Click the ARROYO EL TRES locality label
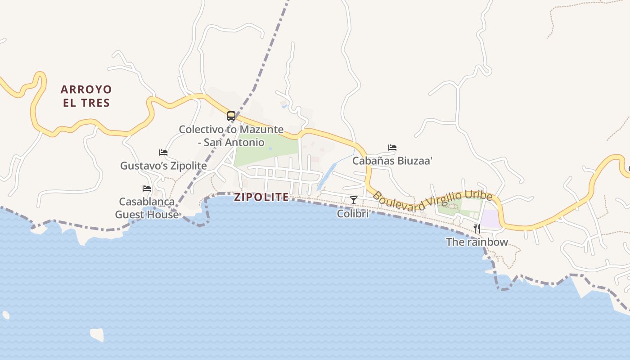point(86,96)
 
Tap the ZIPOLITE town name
point(261,197)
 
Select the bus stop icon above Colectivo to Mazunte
point(231,116)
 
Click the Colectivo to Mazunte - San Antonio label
point(231,136)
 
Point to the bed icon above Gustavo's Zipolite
point(163,153)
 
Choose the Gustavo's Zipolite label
point(163,166)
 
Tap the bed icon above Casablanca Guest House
point(147,189)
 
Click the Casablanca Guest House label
point(147,208)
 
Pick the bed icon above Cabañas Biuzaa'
point(392,148)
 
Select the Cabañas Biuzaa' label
point(392,161)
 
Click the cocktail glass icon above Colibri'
point(354,200)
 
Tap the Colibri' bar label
point(354,214)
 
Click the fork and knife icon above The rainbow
point(477,229)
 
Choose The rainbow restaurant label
point(477,242)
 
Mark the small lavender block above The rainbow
point(490,219)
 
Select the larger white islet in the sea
point(97,334)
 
